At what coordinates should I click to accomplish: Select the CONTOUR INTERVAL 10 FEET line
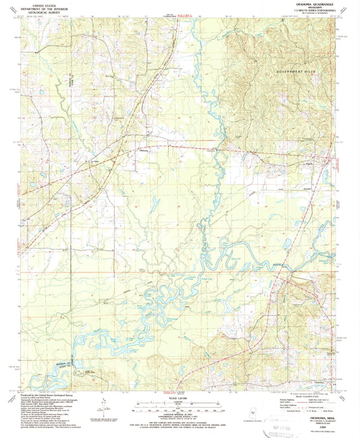179,414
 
